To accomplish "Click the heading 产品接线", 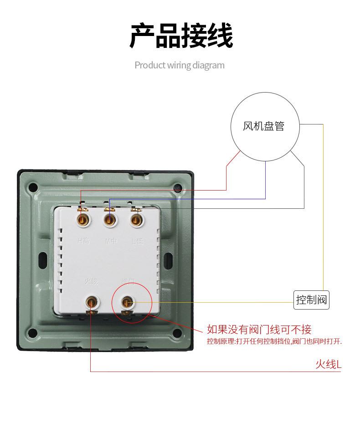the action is pyautogui.click(x=181, y=36).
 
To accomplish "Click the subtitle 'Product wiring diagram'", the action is pyautogui.click(x=180, y=65).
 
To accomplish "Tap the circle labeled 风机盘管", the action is pyautogui.click(x=264, y=126).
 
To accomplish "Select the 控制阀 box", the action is pyautogui.click(x=311, y=300).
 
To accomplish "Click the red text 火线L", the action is pyautogui.click(x=328, y=364).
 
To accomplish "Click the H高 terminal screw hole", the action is pyautogui.click(x=83, y=221).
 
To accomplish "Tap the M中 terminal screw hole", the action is pyautogui.click(x=109, y=221).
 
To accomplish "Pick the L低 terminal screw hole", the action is pyautogui.click(x=135, y=221).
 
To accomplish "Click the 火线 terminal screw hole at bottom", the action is pyautogui.click(x=93, y=302).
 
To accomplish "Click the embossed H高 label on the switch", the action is pyautogui.click(x=83, y=241).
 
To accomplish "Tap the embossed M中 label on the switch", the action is pyautogui.click(x=111, y=241).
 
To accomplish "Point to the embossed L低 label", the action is pyautogui.click(x=137, y=241).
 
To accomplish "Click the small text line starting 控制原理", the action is pyautogui.click(x=274, y=341).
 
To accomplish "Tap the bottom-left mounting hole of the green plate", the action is pyautogui.click(x=32, y=333).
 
